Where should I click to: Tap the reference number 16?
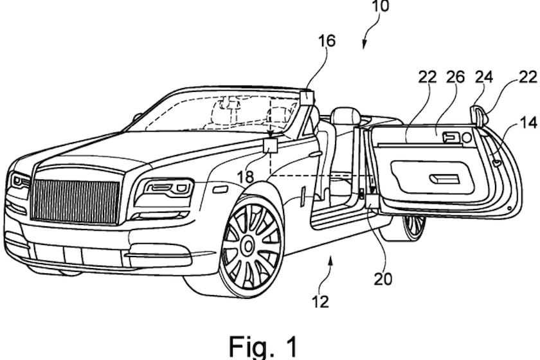click(x=327, y=41)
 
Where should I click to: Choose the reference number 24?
click(x=483, y=76)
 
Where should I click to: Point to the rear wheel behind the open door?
click(x=412, y=226)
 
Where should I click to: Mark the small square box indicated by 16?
click(x=307, y=97)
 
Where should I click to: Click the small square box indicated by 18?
click(x=270, y=145)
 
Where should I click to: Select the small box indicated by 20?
click(x=372, y=201)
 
